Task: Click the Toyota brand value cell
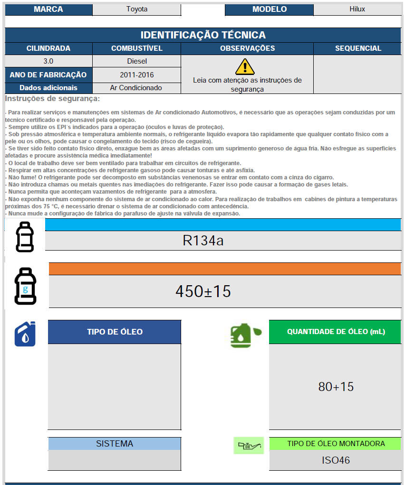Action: pyautogui.click(x=136, y=9)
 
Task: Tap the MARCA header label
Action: pyautogui.click(x=48, y=9)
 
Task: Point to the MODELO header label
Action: pyautogui.click(x=269, y=9)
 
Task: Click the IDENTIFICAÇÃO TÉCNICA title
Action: pyautogui.click(x=203, y=35)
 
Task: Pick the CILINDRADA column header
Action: pyautogui.click(x=48, y=48)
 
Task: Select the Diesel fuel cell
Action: pyautogui.click(x=137, y=61)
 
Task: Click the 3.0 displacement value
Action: pyautogui.click(x=48, y=61)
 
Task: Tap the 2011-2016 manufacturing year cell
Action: pyautogui.click(x=137, y=75)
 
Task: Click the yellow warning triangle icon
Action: pyautogui.click(x=245, y=66)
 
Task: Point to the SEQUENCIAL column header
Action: pyautogui.click(x=358, y=48)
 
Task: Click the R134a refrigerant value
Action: pyautogui.click(x=203, y=241)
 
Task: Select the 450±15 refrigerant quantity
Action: pyautogui.click(x=203, y=291)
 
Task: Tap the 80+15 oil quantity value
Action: pyautogui.click(x=336, y=387)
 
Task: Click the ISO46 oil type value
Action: pyautogui.click(x=336, y=460)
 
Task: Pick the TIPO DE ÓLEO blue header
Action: pyautogui.click(x=115, y=332)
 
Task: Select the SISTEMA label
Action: pyautogui.click(x=115, y=444)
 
